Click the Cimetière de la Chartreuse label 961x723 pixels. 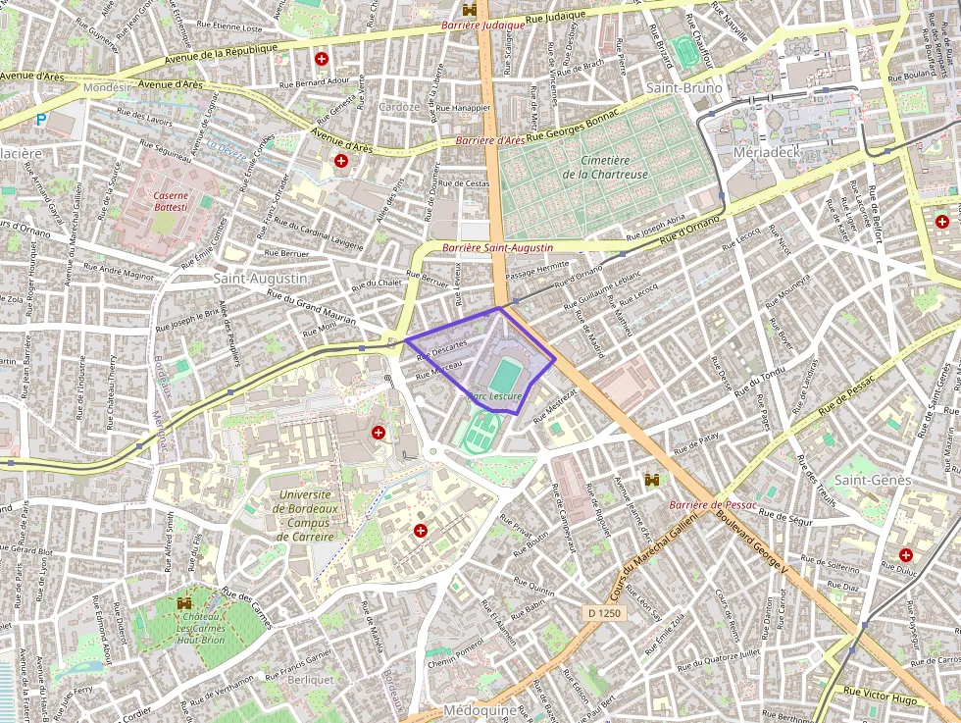604,167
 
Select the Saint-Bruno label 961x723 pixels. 683,88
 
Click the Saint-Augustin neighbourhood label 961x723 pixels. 260,279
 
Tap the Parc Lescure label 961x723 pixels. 495,396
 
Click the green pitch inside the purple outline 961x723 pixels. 505,375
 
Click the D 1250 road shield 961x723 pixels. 603,612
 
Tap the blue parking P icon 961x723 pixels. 40,120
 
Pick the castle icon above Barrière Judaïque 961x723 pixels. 470,9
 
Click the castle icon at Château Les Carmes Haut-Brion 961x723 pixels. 183,602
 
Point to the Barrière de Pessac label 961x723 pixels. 713,504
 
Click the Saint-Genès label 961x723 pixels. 874,480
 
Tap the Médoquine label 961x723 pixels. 480,709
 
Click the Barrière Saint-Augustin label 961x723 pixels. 497,249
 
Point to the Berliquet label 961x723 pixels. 312,679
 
